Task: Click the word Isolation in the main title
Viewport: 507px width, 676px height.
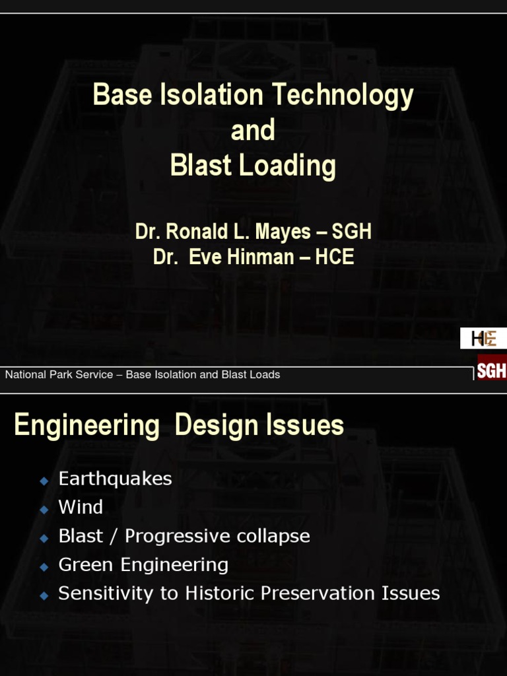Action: [213, 95]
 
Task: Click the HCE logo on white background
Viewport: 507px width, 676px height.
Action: [483, 339]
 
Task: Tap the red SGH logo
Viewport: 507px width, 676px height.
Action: [492, 370]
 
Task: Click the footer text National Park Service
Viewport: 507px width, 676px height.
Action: [59, 375]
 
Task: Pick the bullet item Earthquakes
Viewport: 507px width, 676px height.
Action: [115, 479]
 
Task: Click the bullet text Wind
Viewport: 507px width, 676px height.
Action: [81, 507]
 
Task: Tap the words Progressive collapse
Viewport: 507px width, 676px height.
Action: [217, 536]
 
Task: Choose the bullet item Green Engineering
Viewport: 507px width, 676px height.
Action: [143, 564]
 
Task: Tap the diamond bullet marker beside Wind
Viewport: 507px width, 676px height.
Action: [44, 510]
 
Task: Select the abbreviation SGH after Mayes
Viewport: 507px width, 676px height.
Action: [352, 232]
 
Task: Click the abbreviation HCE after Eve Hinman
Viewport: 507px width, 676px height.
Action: [335, 257]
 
